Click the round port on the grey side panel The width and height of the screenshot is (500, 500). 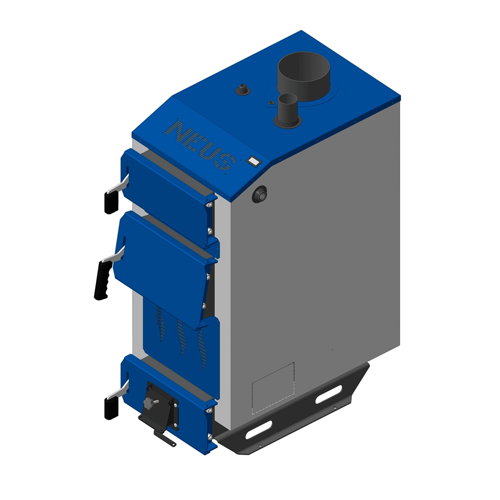(260, 194)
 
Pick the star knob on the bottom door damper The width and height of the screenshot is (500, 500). (149, 403)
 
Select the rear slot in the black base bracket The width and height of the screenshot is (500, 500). (328, 394)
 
